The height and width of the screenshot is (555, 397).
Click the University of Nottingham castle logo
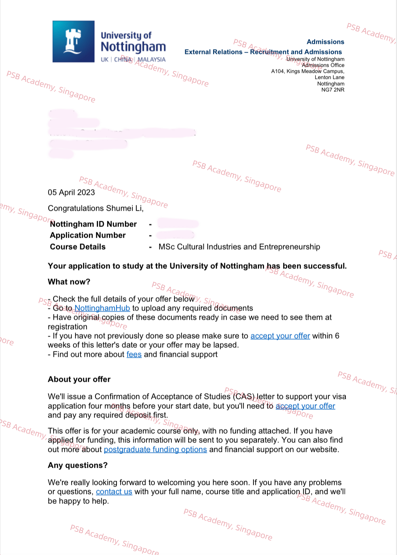tap(73, 41)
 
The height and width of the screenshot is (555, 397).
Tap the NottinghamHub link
tap(102, 308)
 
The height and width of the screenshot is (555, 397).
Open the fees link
tap(134, 354)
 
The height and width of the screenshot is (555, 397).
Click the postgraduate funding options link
tap(155, 450)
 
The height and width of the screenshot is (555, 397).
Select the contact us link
tap(114, 492)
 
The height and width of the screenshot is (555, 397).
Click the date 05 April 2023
tap(71, 192)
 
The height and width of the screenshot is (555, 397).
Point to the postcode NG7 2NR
tap(333, 90)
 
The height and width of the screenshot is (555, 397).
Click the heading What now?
tap(69, 282)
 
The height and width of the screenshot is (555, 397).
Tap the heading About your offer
tap(79, 379)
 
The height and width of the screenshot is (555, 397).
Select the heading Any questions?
tap(78, 465)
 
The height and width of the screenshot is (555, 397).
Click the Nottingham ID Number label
tap(93, 224)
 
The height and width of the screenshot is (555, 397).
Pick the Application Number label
tap(88, 235)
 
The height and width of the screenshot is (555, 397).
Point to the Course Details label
tap(78, 247)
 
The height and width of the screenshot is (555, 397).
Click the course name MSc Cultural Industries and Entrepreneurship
tap(239, 247)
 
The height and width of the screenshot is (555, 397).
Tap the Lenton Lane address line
tap(329, 78)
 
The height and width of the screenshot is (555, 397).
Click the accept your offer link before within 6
tap(280, 336)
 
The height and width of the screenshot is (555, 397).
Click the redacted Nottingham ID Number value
tap(178, 223)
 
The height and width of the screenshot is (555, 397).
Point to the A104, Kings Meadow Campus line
tap(308, 71)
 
